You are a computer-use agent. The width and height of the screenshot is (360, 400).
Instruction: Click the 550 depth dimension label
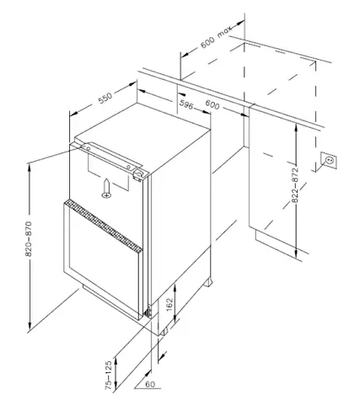click(x=105, y=97)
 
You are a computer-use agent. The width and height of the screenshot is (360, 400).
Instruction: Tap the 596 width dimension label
click(x=186, y=104)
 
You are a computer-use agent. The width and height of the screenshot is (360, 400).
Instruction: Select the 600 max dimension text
click(x=216, y=37)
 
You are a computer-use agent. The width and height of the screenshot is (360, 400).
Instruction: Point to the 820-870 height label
click(x=29, y=239)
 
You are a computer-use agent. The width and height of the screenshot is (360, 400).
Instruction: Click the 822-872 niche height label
click(x=295, y=185)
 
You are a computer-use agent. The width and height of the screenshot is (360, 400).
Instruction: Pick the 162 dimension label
click(x=169, y=305)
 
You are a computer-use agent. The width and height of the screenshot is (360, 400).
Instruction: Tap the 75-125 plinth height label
click(x=109, y=376)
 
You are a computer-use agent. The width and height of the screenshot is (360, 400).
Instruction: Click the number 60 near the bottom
click(x=150, y=384)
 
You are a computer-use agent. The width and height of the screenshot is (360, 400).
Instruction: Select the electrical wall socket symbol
click(x=329, y=160)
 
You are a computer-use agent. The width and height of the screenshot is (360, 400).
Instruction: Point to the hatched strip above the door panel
click(x=104, y=225)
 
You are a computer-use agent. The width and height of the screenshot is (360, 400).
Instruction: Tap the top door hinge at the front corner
click(x=139, y=174)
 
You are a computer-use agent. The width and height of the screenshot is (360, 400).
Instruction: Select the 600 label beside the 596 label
click(x=212, y=104)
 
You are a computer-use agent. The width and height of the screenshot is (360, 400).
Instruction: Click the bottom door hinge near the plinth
click(x=148, y=312)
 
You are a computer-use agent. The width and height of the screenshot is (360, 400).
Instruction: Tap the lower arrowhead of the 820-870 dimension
click(x=30, y=325)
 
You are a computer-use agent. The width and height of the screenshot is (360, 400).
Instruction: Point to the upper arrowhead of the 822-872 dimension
click(x=295, y=129)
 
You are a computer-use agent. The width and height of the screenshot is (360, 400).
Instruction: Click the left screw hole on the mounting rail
click(x=88, y=148)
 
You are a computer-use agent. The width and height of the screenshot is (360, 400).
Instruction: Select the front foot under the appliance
click(x=165, y=331)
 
